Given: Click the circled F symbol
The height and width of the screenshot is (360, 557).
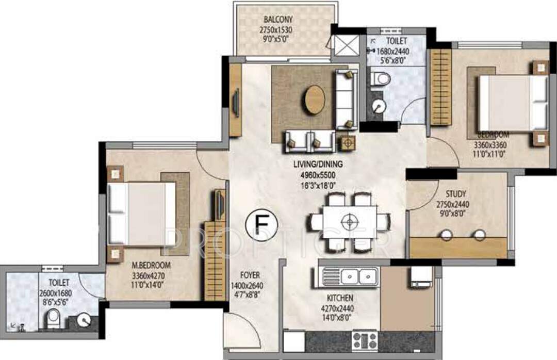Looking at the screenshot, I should tap(262, 225).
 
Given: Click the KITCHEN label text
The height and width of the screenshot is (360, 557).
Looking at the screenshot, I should tap(340, 298).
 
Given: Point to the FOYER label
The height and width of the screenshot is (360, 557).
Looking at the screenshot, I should tap(250, 275).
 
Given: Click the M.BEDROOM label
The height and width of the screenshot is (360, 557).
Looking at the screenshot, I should tap(151, 265).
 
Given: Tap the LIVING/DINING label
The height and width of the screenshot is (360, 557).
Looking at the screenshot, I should tap(318, 165).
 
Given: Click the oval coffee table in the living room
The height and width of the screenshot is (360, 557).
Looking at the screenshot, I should tap(314, 100).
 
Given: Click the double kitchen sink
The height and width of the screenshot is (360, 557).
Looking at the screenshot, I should tap(351, 277).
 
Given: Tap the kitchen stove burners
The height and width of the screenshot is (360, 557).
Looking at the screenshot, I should tap(365, 340).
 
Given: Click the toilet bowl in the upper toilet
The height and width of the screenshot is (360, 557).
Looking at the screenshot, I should tap(381, 79).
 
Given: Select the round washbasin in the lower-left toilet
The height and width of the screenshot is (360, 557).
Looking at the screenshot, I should tap(83, 321).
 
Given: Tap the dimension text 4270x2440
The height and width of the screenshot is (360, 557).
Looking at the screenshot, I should tap(340, 307).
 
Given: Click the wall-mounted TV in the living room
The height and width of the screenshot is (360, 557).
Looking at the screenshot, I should tap(236, 101).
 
